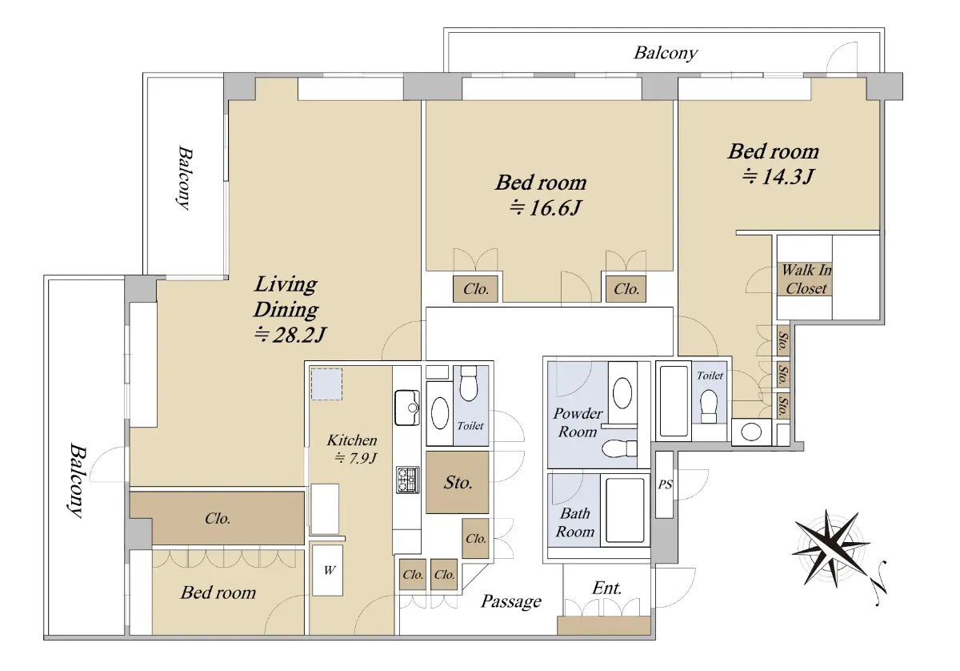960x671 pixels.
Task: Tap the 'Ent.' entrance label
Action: pos(607,588)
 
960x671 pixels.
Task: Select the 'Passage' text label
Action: pos(511,601)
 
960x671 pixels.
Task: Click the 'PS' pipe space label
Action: pos(665,484)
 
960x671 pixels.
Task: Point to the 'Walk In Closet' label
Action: pos(806,279)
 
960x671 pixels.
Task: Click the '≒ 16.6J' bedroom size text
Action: pos(545,208)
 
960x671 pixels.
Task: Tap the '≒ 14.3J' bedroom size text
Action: pos(778,176)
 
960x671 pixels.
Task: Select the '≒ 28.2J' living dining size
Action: pos(290,335)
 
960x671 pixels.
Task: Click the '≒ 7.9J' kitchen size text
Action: pos(355,459)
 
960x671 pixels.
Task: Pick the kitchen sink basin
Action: pos(407,408)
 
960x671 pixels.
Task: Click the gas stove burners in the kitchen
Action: pos(407,480)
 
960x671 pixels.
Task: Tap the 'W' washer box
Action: pos(327,570)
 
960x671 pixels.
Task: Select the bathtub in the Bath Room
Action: pos(625,511)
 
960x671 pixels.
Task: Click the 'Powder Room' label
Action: pos(578,423)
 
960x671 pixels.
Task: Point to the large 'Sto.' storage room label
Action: pos(458,483)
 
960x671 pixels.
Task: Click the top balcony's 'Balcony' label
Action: pos(666,53)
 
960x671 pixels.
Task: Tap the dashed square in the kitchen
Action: pos(326,384)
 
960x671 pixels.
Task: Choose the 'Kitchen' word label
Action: pos(352,440)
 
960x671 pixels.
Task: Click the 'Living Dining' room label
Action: pos(286,297)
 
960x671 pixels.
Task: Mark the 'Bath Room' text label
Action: pos(574,523)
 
